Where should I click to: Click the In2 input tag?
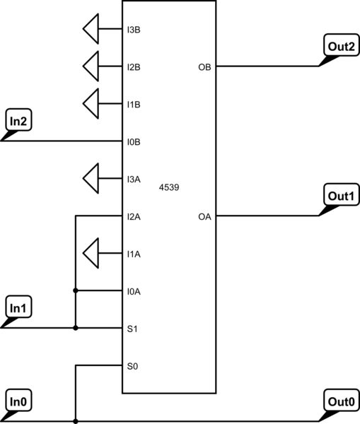point(19,122)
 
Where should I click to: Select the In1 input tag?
point(19,308)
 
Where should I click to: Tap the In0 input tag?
point(19,401)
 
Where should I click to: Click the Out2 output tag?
point(340,47)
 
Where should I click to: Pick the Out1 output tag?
point(340,196)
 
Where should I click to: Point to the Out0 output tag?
point(340,401)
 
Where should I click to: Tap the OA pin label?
point(204,216)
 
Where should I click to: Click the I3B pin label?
point(133,30)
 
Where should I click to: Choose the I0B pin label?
point(133,142)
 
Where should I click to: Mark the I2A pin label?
point(133,216)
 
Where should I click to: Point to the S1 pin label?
point(131,328)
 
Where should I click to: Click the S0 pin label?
point(131,365)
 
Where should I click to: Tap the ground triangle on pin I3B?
point(91,30)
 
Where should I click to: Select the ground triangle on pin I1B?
point(91,105)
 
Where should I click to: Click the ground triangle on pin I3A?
point(91,179)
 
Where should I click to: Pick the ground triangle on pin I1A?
point(91,253)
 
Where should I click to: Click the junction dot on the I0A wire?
point(75,290)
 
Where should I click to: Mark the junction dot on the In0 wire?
point(75,420)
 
